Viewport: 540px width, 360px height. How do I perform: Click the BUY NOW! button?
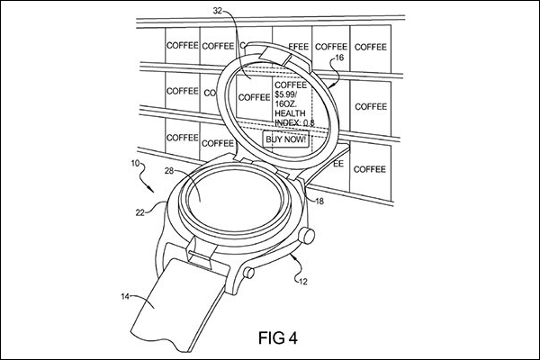[x=286, y=139]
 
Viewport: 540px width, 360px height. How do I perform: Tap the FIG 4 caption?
[x=278, y=337]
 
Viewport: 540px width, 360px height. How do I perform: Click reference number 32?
[x=218, y=11]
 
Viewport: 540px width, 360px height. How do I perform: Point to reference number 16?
[x=339, y=58]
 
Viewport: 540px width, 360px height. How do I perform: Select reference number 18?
[x=319, y=202]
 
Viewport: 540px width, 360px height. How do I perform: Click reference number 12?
[x=302, y=282]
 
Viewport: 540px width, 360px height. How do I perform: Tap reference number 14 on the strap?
[x=125, y=296]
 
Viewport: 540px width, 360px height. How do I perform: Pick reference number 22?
[x=139, y=213]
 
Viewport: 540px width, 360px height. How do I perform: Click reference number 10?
[x=135, y=163]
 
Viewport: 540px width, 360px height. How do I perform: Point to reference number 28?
[x=169, y=170]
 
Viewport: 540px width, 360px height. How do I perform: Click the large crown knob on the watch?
[x=307, y=235]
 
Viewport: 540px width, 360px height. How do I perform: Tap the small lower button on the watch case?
[x=248, y=273]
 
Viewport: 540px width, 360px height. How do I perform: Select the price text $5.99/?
[x=285, y=94]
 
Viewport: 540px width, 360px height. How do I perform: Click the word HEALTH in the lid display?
[x=290, y=113]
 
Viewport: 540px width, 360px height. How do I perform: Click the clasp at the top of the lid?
[x=275, y=55]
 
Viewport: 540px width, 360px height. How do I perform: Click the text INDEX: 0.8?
[x=294, y=122]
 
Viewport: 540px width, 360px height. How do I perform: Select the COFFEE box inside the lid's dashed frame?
[x=255, y=97]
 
